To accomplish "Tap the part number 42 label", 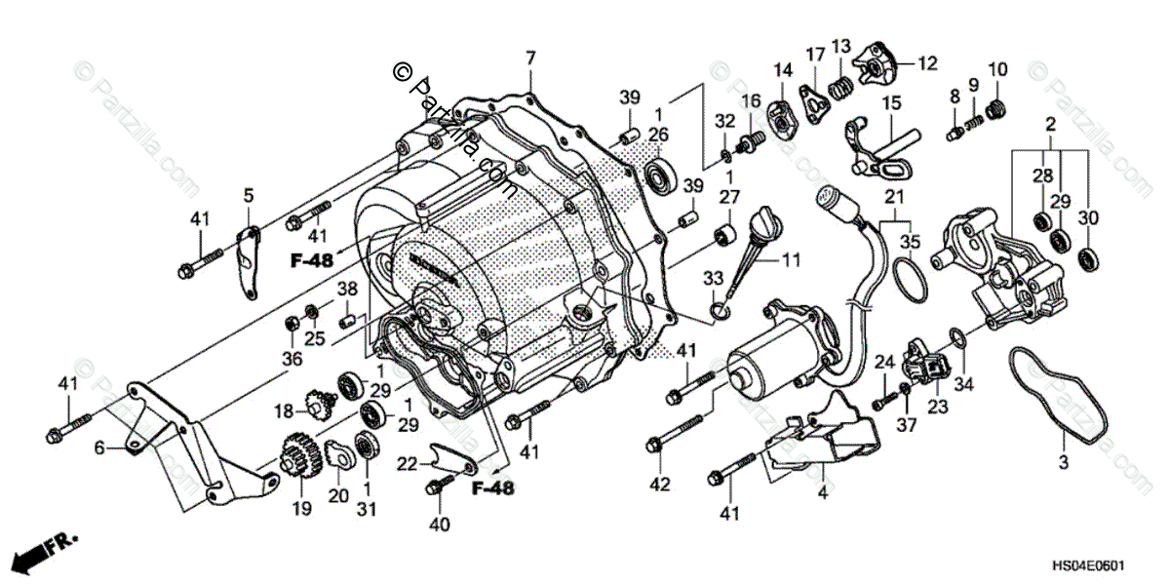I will (x=662, y=485).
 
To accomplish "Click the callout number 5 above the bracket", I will (x=248, y=195).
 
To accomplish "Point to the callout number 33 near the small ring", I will (x=716, y=280).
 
